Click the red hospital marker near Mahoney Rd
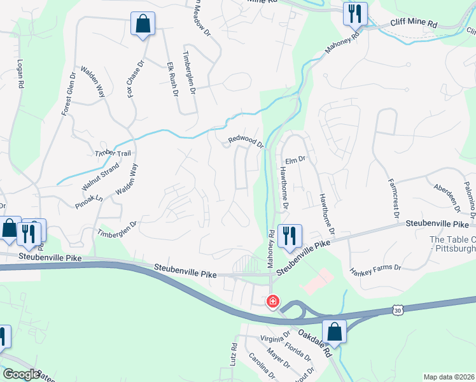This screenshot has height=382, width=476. tap(272, 301)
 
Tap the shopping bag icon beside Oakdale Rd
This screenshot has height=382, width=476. tap(334, 332)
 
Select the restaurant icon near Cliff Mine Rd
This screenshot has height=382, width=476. tap(353, 13)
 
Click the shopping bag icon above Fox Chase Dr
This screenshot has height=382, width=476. tap(143, 24)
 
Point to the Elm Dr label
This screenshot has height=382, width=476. tap(297, 160)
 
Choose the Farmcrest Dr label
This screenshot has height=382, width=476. tap(392, 197)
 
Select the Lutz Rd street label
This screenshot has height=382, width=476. tap(234, 355)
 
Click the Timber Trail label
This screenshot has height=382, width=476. tap(113, 153)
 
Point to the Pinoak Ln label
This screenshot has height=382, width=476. tap(88, 201)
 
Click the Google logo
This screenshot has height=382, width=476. tap(22, 374)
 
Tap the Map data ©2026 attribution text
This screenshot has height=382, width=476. tap(449, 377)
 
